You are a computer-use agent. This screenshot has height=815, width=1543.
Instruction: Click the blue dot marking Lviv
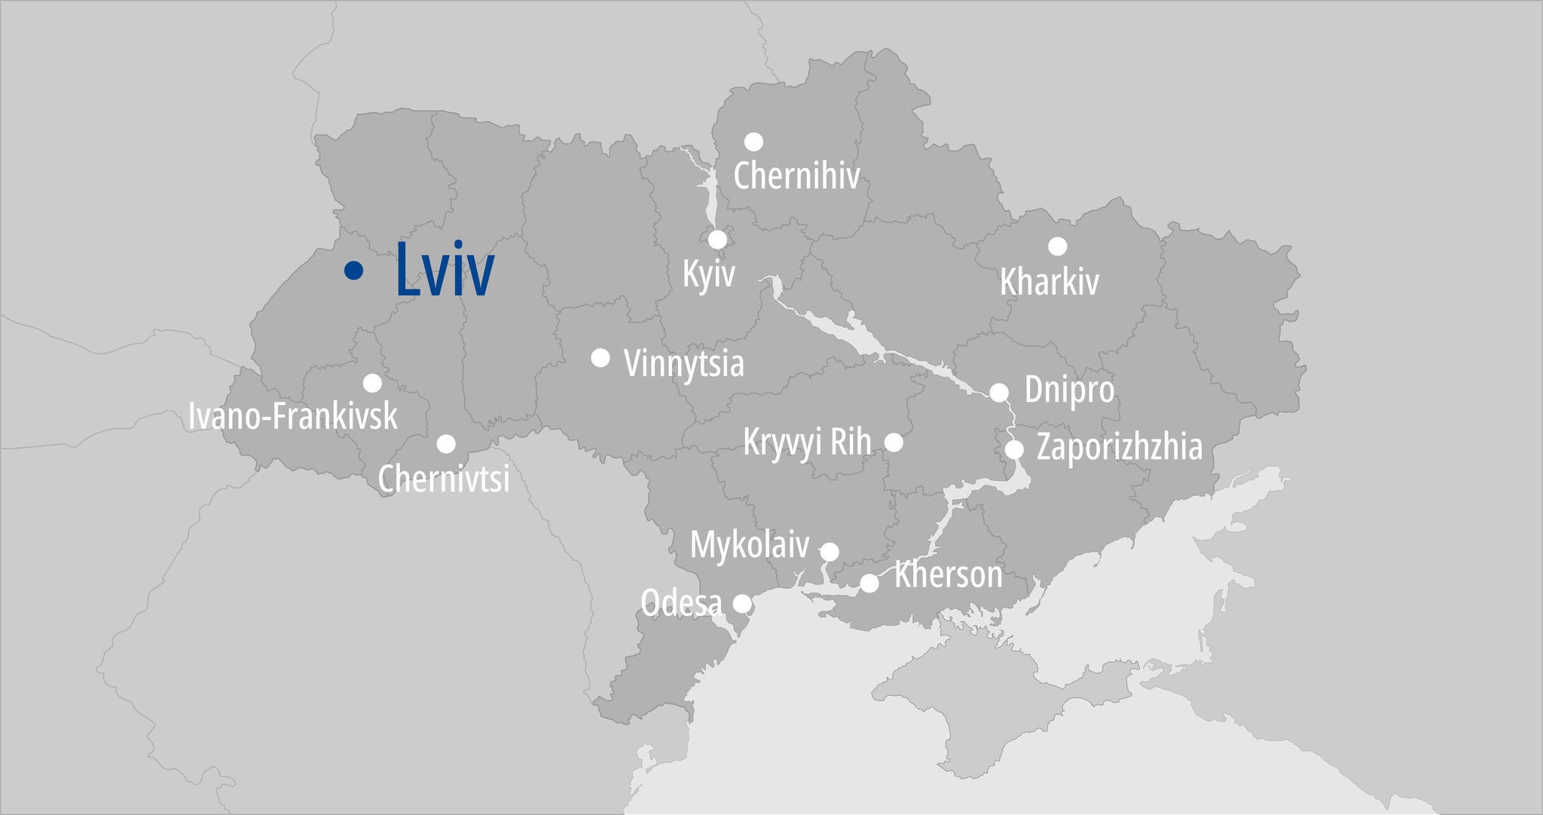coord(353,270)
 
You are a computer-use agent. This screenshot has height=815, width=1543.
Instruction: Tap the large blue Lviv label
coord(445,270)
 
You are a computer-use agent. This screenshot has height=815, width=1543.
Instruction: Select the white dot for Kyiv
coord(717,240)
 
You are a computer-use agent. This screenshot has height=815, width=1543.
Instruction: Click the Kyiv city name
coord(708,273)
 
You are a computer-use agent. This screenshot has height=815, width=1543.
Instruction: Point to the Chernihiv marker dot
coord(753,142)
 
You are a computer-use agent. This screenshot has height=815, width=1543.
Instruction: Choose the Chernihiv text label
coord(796,176)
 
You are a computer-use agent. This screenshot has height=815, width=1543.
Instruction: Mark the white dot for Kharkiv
coord(1058,246)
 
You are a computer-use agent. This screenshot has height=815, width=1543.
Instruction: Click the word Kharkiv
coord(1049,282)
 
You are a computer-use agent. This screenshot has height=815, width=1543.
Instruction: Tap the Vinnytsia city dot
coord(600,357)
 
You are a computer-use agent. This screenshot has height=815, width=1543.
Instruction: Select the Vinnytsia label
coord(684,363)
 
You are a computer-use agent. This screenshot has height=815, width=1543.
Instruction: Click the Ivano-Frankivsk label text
coord(292,415)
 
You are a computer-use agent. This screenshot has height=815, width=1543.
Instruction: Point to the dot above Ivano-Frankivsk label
coord(372,383)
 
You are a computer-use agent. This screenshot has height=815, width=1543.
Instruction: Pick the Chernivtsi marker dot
coord(446,443)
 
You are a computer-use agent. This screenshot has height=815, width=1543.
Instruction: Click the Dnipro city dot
coord(999,392)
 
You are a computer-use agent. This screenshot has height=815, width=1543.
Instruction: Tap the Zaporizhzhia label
coord(1120,446)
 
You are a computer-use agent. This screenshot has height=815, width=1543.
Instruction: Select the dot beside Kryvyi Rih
coord(894,442)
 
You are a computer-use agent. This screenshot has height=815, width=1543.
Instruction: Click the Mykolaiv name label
coord(750,544)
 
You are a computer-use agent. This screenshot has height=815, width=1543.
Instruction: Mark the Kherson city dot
coord(869,583)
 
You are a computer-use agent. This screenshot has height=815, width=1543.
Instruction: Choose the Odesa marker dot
coord(742,603)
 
